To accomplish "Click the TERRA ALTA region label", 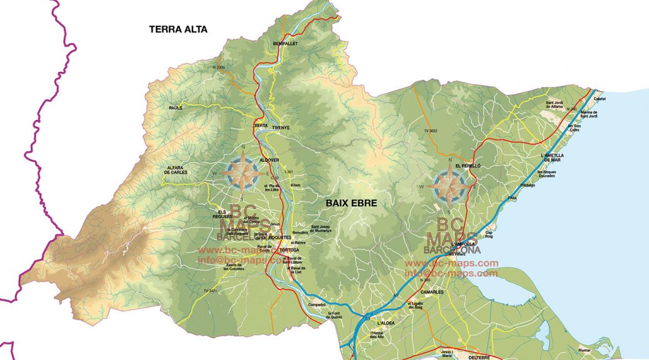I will (x=178, y=29).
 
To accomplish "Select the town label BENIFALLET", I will (x=286, y=44).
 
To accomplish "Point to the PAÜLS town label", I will (x=175, y=108).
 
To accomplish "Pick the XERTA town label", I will (x=261, y=126).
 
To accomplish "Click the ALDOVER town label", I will (x=269, y=160).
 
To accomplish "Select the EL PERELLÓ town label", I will (x=468, y=166).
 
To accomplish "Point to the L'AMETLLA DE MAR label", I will (x=552, y=157).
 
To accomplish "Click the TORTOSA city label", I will (x=291, y=250).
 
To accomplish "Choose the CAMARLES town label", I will (x=432, y=292).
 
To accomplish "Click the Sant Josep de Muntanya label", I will (x=324, y=229).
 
